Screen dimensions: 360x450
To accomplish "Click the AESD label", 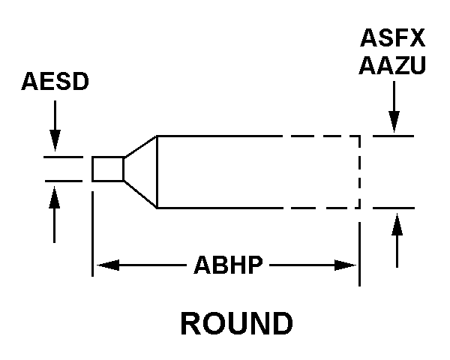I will click(x=55, y=81).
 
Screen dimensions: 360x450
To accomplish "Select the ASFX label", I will click(x=393, y=37).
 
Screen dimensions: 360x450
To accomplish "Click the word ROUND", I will click(x=236, y=323).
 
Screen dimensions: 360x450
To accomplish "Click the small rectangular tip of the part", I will click(x=107, y=169).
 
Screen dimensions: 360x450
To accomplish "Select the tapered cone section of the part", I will click(x=141, y=170).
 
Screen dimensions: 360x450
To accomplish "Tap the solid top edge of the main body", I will click(x=217, y=136).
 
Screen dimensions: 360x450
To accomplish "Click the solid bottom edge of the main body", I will click(x=217, y=208).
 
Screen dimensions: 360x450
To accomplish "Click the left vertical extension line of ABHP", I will click(x=92, y=232).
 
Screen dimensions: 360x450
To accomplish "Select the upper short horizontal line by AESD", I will click(x=62, y=157).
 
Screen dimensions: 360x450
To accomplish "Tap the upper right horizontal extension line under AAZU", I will click(x=393, y=136).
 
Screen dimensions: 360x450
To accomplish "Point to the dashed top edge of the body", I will click(x=322, y=136).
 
